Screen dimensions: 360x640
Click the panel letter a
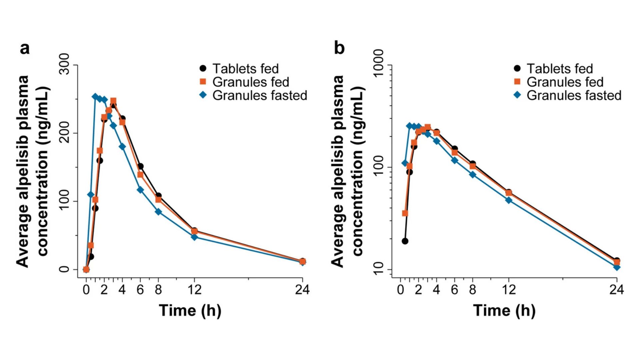(25, 49)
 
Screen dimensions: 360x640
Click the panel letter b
(339, 49)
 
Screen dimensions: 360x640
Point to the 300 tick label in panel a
(64, 64)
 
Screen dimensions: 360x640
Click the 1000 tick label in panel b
(379, 64)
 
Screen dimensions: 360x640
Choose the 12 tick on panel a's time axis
(194, 290)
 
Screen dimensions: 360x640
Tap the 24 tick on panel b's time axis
(616, 290)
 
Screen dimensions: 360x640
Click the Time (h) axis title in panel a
(190, 311)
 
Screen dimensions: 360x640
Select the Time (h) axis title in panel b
(504, 311)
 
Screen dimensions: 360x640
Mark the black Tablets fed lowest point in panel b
(405, 241)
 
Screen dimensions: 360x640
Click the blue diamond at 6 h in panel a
(140, 190)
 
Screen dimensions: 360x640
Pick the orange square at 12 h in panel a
(194, 231)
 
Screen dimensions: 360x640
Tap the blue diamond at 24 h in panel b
(617, 267)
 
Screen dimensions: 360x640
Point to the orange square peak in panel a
(113, 101)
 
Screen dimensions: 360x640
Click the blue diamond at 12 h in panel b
(509, 200)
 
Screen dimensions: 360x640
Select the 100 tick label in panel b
(379, 168)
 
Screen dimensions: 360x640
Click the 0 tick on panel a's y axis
(64, 269)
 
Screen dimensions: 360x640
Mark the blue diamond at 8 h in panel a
(158, 212)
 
